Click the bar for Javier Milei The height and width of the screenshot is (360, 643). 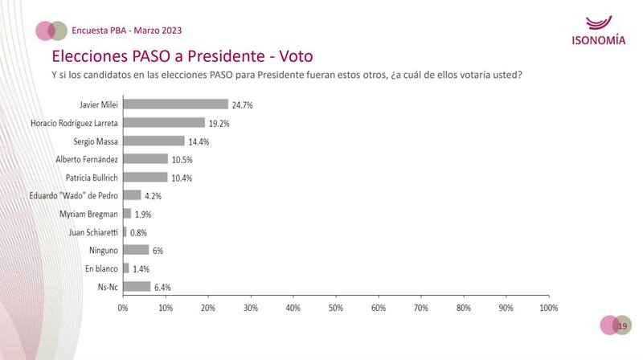click(175, 104)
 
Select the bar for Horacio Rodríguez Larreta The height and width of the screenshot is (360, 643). click(164, 123)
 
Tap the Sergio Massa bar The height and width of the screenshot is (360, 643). click(154, 141)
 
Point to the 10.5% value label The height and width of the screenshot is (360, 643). click(182, 159)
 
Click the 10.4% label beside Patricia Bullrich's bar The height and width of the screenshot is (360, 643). click(182, 178)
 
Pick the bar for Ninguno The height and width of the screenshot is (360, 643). click(136, 250)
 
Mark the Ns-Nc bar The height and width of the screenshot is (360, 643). click(137, 287)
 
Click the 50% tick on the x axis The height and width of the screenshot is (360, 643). click(336, 307)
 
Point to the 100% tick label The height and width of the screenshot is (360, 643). click(549, 307)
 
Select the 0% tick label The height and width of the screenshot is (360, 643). click(123, 307)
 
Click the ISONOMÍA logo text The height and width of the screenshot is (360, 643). click(598, 41)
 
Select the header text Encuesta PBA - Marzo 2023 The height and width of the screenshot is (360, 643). click(127, 31)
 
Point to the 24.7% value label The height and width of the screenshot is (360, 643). click(244, 104)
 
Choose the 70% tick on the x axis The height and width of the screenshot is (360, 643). click(421, 307)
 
